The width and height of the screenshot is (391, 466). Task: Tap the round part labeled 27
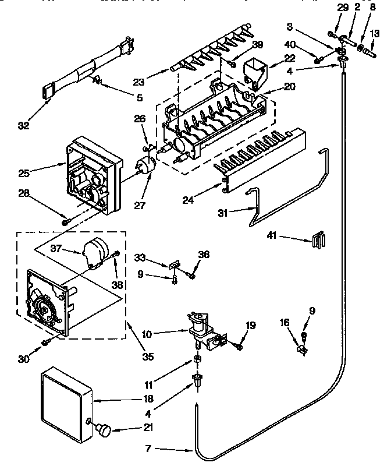coord(145,165)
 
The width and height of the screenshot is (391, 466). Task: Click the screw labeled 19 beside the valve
coord(239,348)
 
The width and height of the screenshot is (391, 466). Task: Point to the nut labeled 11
coord(198,359)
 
